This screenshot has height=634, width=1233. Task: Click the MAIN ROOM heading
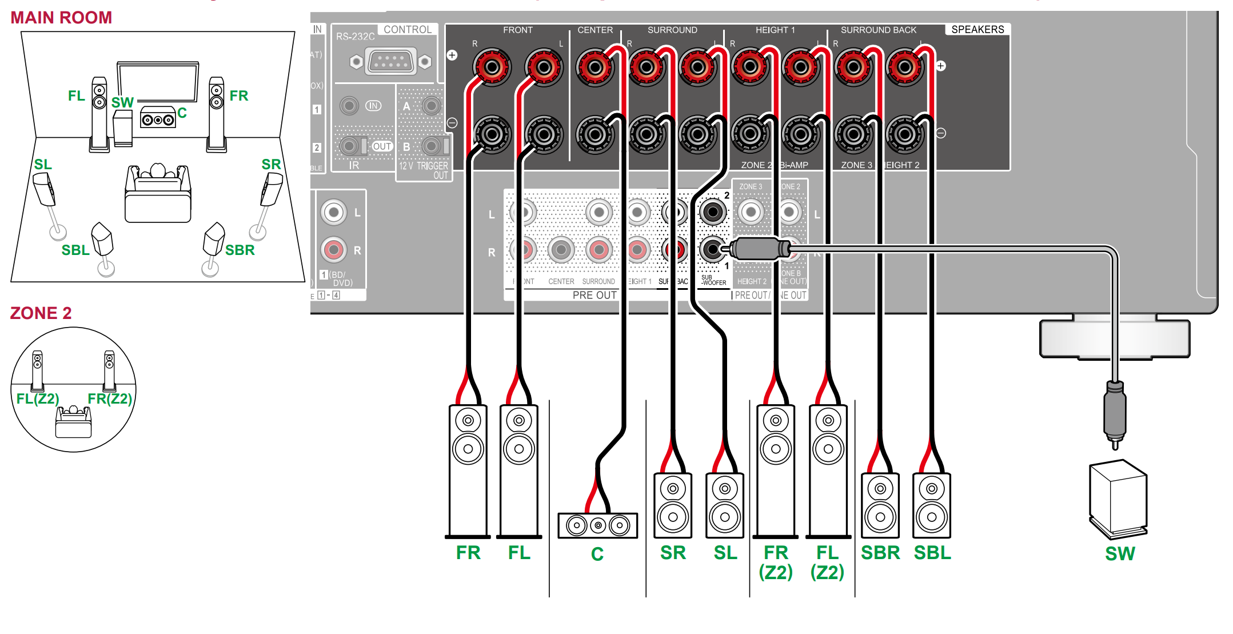[x=61, y=18]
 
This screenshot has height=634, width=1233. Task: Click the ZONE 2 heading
[x=41, y=313]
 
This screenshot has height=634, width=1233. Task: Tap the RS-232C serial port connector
[x=390, y=61]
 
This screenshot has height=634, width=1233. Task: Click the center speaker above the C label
[x=597, y=525]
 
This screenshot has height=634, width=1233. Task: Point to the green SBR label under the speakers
[x=880, y=553]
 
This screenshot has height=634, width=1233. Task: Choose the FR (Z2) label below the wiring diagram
[x=776, y=562]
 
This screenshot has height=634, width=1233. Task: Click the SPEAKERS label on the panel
[x=977, y=30]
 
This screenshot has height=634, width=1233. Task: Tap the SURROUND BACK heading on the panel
[x=878, y=30]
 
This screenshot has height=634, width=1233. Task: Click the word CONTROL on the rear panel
[x=408, y=30]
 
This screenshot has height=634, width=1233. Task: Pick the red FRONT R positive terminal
[x=492, y=67]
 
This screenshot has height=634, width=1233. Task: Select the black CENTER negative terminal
[x=595, y=135]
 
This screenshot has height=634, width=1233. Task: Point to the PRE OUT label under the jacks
[x=594, y=295]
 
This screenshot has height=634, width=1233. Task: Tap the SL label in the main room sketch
[x=43, y=165]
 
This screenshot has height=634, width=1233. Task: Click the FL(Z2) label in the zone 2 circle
[x=38, y=398]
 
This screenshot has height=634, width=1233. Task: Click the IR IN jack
[x=349, y=106]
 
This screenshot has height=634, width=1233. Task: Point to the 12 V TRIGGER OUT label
[x=424, y=170]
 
